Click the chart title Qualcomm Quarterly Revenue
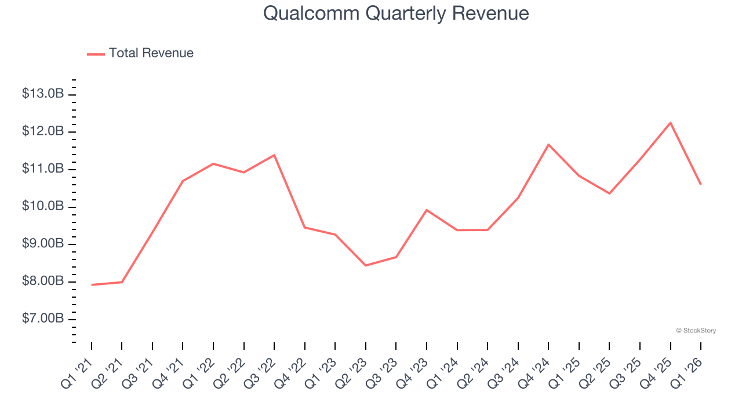396,13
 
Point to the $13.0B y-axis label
43,94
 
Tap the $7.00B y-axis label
43,319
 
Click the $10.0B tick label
43,207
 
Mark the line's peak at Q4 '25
671,123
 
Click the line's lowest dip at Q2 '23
366,265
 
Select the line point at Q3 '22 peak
274,155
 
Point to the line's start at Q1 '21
92,285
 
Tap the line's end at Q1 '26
701,184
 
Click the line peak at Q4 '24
548,144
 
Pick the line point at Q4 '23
427,210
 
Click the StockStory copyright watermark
696,331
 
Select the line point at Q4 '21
183,181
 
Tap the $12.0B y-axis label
43,131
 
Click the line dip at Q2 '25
609,193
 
